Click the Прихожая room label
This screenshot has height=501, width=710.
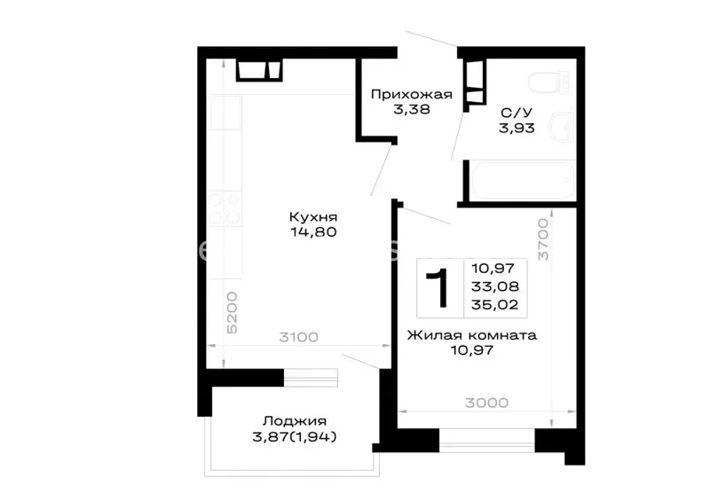tap(411, 94)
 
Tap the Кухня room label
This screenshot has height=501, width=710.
tap(313, 216)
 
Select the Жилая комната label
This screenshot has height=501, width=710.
tap(472, 335)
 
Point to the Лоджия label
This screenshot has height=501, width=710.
tap(295, 421)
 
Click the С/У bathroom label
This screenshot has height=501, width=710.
tap(517, 113)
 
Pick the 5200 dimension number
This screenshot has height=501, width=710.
tap(232, 313)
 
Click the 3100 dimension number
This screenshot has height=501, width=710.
tap(298, 337)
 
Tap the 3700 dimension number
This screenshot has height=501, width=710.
tap(543, 239)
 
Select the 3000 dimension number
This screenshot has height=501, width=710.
tap(486, 403)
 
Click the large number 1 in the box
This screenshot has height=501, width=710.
tap(438, 288)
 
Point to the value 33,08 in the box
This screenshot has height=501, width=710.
tap(495, 286)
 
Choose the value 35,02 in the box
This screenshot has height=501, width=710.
tap(495, 304)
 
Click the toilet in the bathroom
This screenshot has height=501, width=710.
tap(548, 82)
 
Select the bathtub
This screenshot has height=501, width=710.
tap(523, 181)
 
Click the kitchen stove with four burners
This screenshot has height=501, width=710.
tap(225, 208)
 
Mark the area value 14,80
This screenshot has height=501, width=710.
tap(313, 232)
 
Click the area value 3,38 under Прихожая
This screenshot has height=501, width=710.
tap(411, 110)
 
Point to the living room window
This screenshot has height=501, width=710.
tap(486, 441)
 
